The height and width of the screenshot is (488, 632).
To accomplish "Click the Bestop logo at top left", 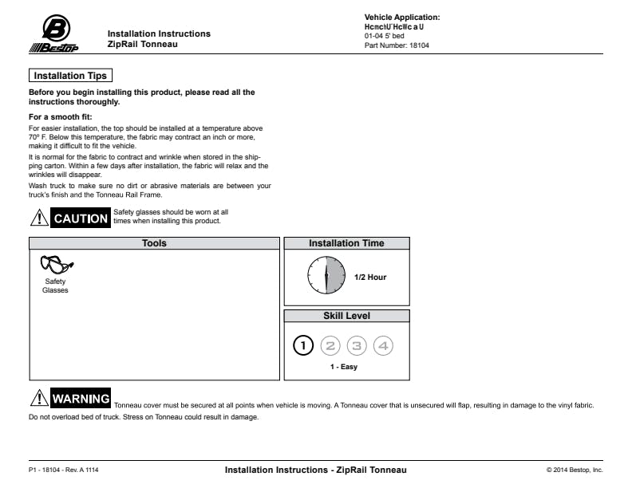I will click(x=53, y=35).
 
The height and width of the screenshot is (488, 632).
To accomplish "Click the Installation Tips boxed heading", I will click(x=70, y=76).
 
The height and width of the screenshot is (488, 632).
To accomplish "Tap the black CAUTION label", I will click(x=81, y=218).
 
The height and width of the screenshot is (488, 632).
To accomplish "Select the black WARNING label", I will click(x=81, y=399).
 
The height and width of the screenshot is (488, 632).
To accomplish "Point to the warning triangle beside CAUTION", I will click(x=38, y=217).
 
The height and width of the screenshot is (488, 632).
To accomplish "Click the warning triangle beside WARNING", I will click(x=38, y=398).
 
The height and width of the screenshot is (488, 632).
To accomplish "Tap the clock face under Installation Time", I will click(x=326, y=276).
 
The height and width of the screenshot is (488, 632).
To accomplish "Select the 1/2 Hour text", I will click(x=370, y=277).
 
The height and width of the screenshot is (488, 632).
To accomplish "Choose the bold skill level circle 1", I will click(x=303, y=345).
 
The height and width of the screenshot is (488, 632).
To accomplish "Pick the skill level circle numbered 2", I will click(x=330, y=345).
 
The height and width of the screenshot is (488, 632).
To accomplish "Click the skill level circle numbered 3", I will click(x=357, y=345).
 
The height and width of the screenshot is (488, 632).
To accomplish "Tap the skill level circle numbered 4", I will click(x=384, y=345).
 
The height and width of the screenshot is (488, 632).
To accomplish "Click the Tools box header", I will click(x=154, y=243).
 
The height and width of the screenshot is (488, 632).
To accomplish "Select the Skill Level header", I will click(x=346, y=316).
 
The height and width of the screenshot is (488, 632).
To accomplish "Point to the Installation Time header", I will click(x=346, y=243).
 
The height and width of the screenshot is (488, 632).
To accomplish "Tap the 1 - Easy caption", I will click(x=344, y=367).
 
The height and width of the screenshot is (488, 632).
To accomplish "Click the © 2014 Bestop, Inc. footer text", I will click(x=575, y=470).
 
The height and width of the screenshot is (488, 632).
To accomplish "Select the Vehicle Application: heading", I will click(x=402, y=17).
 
